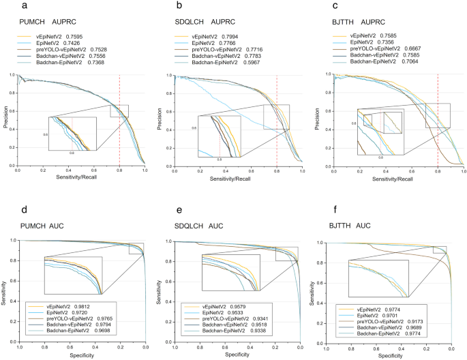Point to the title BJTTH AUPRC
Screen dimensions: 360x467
359,20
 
